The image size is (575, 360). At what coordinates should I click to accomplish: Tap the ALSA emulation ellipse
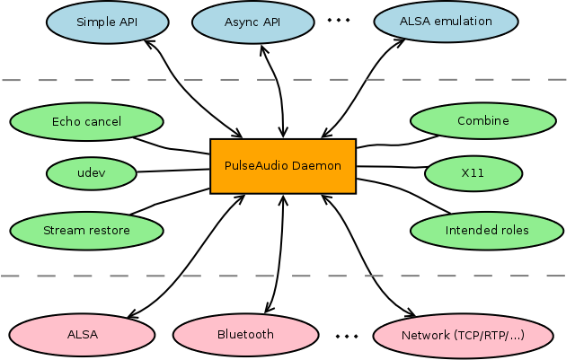point(446,21)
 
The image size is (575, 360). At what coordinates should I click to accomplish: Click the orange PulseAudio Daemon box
point(283,166)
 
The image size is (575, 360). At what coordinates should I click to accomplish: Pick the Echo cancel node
point(86,121)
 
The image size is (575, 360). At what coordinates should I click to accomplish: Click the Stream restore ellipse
point(86,230)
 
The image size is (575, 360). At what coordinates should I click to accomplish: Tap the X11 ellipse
point(472,171)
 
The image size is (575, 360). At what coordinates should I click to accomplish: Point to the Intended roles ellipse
point(486,231)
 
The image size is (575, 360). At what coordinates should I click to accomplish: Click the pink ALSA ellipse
point(82,334)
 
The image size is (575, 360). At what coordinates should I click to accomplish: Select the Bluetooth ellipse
point(245,334)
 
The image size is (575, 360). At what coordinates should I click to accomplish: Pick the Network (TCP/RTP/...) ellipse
point(462,335)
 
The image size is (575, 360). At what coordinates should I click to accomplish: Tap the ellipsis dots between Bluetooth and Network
point(347,337)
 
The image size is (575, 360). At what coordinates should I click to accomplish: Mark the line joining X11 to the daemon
point(391,167)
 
